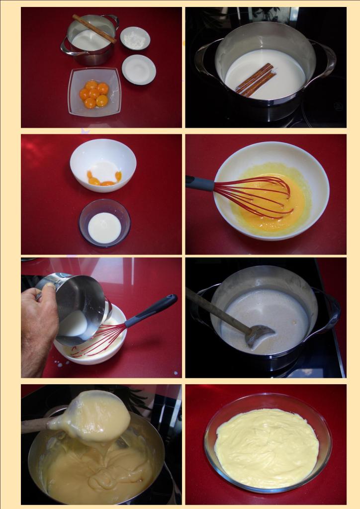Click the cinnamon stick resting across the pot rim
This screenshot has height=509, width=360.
(x=94, y=29)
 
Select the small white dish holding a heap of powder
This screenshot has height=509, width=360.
(x=135, y=39)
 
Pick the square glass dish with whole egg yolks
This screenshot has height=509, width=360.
(x=94, y=92)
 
